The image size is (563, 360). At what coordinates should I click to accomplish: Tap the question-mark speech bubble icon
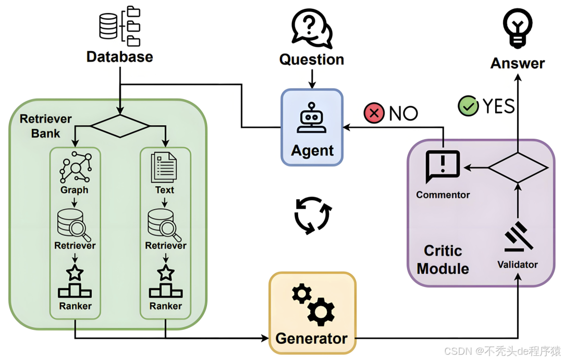[x=311, y=28]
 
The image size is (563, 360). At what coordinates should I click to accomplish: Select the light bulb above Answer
[x=517, y=27]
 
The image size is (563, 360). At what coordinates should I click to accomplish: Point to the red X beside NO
[x=374, y=113]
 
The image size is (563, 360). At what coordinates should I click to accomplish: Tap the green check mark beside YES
[x=468, y=106]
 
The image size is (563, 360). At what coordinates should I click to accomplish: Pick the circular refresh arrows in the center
[x=312, y=214]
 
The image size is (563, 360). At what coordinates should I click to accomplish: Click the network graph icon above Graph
[x=75, y=166]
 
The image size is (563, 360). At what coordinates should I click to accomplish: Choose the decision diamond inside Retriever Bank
[x=120, y=126]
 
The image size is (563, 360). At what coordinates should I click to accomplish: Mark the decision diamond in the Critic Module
[x=517, y=167]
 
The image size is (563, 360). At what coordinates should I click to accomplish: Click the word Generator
[x=311, y=338]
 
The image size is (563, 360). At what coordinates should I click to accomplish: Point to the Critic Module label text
[x=443, y=260]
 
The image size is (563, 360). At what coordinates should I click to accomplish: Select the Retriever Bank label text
[x=45, y=126]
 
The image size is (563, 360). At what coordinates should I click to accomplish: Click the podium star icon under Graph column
[x=75, y=282]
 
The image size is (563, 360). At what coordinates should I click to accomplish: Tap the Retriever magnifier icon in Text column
[x=165, y=223]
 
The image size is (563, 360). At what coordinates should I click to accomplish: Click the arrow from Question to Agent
[x=312, y=78]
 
